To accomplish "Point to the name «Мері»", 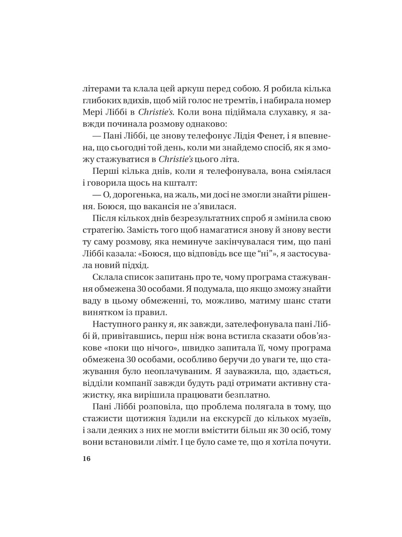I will click(x=93, y=112).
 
